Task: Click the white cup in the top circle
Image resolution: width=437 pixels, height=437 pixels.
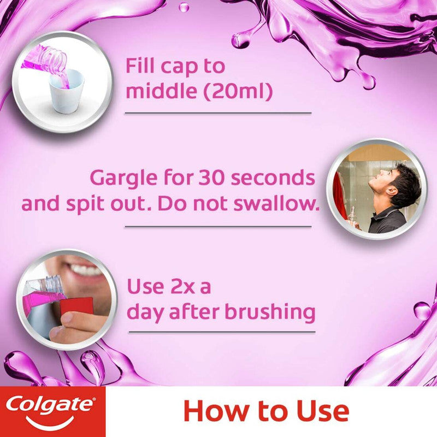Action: pyautogui.click(x=67, y=90)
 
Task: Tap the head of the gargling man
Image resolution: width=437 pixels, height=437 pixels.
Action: pyautogui.click(x=401, y=183)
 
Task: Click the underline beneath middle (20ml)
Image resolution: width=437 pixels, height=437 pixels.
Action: pyautogui.click(x=218, y=113)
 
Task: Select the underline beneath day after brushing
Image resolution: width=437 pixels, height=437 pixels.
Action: pyautogui.click(x=221, y=332)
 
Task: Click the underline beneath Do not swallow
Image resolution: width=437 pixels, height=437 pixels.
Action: pyautogui.click(x=222, y=226)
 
